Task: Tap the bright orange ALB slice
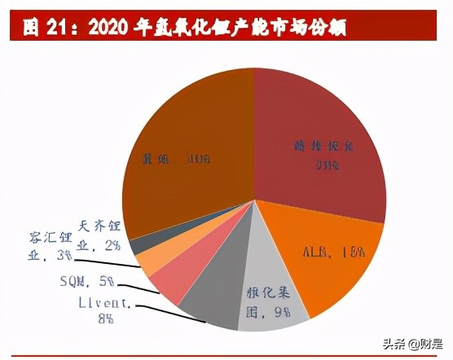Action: [x=326, y=252]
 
